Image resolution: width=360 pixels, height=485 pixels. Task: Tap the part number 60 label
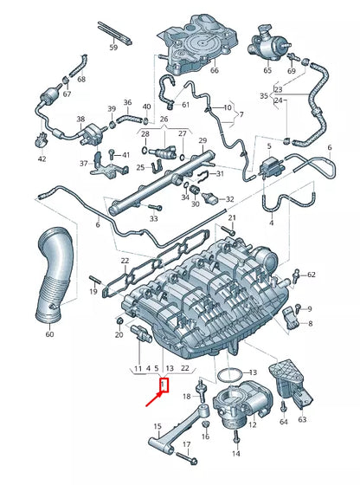(49, 334)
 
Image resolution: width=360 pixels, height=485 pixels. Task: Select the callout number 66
(215, 71)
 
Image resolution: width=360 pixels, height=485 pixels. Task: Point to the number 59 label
(113, 48)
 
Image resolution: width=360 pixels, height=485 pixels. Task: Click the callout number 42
(42, 159)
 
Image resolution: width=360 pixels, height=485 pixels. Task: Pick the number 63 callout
(302, 420)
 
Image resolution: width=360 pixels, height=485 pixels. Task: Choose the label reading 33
(153, 219)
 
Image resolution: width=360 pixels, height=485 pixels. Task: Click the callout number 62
(312, 275)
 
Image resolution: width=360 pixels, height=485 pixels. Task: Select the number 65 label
(267, 70)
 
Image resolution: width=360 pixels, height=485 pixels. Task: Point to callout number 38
(80, 119)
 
